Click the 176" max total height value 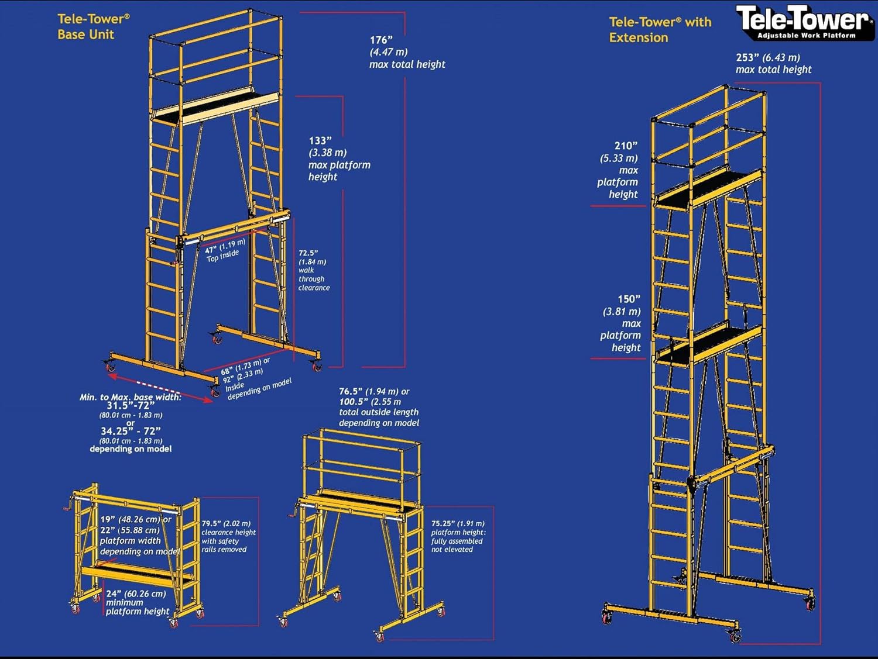click(x=381, y=40)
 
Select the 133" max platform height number click(x=320, y=141)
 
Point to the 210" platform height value click(x=626, y=146)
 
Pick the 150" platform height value click(x=629, y=299)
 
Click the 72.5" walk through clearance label click(x=308, y=253)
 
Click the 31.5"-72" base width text click(x=131, y=406)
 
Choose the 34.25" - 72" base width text click(x=131, y=432)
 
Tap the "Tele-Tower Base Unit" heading click(x=93, y=26)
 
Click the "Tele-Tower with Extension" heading click(x=660, y=29)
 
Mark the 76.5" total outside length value click(x=349, y=392)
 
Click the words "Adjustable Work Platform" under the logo click(x=806, y=36)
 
